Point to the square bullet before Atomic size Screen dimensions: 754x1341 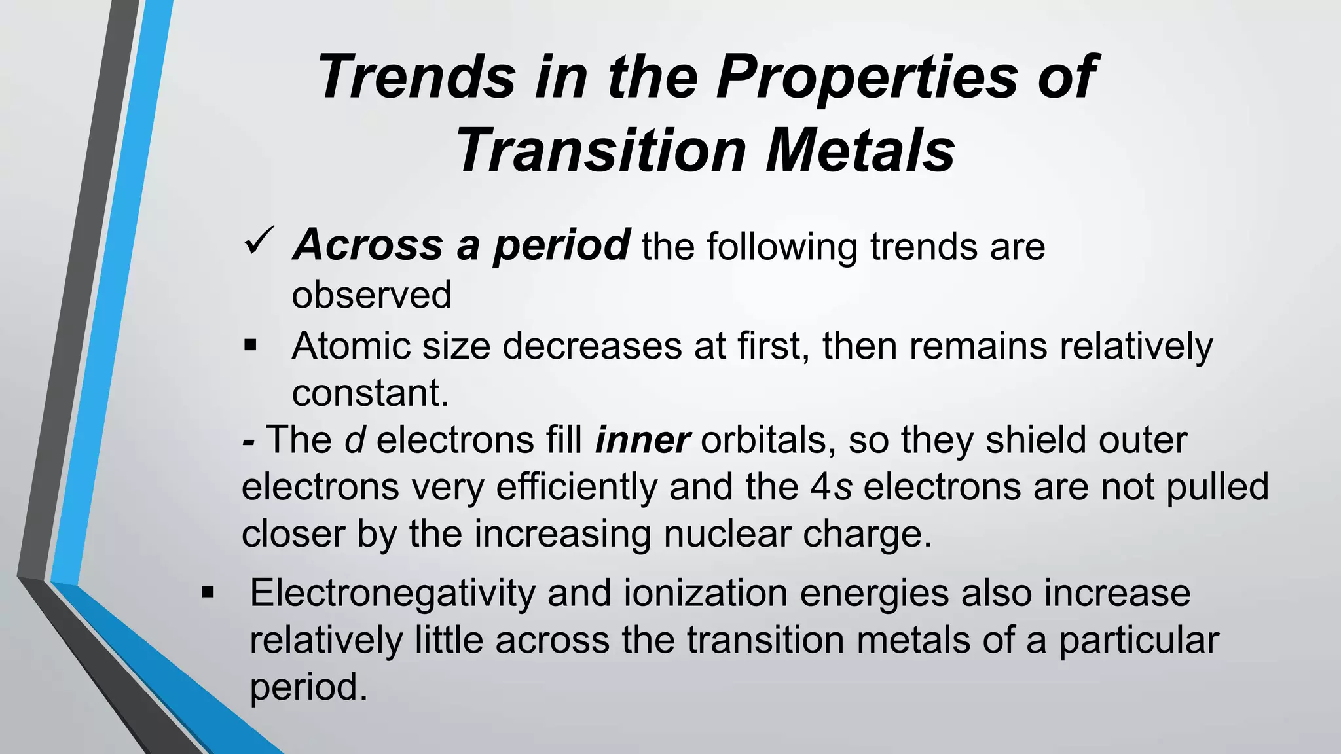coord(250,344)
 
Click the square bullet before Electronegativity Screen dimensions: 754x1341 coord(208,593)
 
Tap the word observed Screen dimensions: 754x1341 coord(371,295)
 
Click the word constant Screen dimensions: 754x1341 coord(370,393)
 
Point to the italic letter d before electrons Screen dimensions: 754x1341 coord(354,439)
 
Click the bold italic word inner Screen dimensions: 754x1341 coord(642,439)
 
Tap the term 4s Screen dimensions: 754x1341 coord(830,487)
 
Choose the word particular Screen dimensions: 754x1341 coord(1139,640)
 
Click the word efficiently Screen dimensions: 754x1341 coord(576,488)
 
